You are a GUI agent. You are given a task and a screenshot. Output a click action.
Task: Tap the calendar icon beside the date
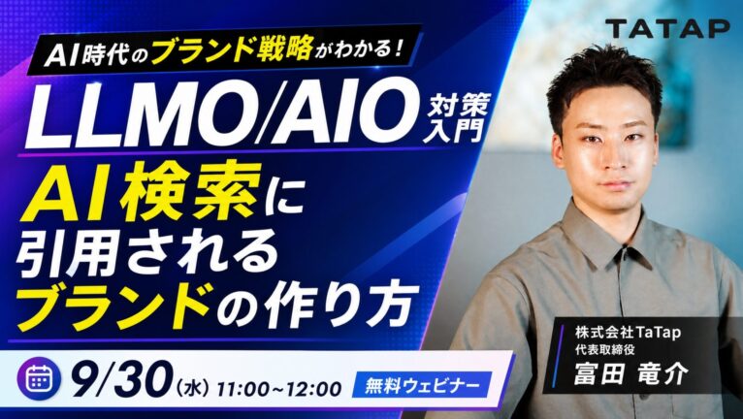pyautogui.click(x=39, y=378)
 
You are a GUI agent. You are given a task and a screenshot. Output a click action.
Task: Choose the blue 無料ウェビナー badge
pyautogui.click(x=421, y=386)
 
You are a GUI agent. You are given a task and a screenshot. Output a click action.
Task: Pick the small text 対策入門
pyautogui.click(x=455, y=116)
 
